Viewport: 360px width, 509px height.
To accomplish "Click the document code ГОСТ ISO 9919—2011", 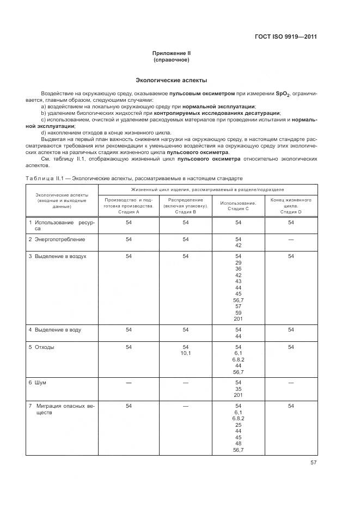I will [x=285, y=37].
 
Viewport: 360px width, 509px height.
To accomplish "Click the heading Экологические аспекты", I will [x=171, y=80].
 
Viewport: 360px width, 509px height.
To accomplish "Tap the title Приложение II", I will [x=171, y=53].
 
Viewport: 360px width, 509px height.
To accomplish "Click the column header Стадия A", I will [x=129, y=206].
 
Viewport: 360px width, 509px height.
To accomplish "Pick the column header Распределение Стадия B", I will [x=186, y=206].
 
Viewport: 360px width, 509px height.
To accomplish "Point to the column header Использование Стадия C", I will [x=238, y=206].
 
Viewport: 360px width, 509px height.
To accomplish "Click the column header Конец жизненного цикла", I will [x=291, y=206].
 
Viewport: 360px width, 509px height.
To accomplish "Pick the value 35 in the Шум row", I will [x=238, y=389].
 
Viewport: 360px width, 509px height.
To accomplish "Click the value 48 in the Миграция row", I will [x=238, y=443].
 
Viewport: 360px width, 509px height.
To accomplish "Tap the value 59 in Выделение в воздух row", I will [x=238, y=312].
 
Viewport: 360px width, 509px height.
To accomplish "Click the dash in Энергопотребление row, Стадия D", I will [x=291, y=239].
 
